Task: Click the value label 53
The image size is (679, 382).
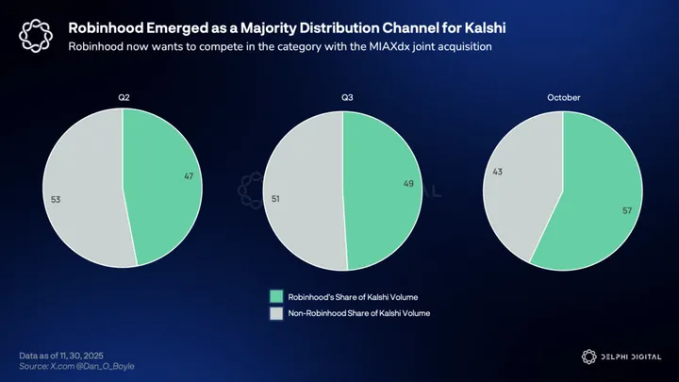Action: [x=56, y=199]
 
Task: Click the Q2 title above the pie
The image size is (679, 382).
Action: [x=123, y=97]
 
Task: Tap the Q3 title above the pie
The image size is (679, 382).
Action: [x=342, y=97]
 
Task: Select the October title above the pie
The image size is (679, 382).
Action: [x=562, y=97]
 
